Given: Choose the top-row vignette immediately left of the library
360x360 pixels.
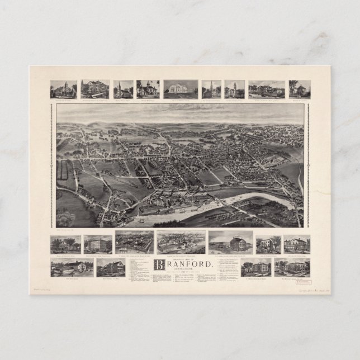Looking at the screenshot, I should click(x=148, y=89).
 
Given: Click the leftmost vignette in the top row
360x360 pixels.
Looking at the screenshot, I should click(x=63, y=89).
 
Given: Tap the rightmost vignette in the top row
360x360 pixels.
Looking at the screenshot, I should click(x=299, y=89).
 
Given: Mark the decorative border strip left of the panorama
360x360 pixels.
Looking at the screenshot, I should click(x=53, y=165).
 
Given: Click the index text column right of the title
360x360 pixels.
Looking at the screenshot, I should click(x=227, y=271).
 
